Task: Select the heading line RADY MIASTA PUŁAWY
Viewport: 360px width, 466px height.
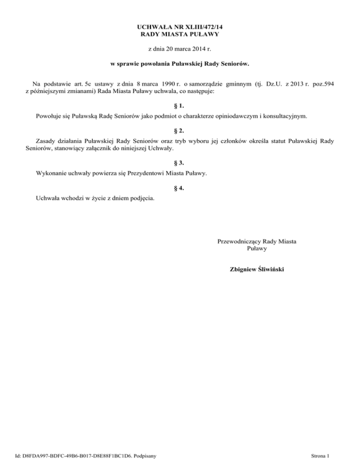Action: point(180,34)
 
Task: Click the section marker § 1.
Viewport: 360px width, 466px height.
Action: point(180,105)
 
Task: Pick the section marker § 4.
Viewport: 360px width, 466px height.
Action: point(180,188)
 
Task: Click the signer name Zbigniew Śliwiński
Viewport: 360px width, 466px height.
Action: point(257,269)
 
